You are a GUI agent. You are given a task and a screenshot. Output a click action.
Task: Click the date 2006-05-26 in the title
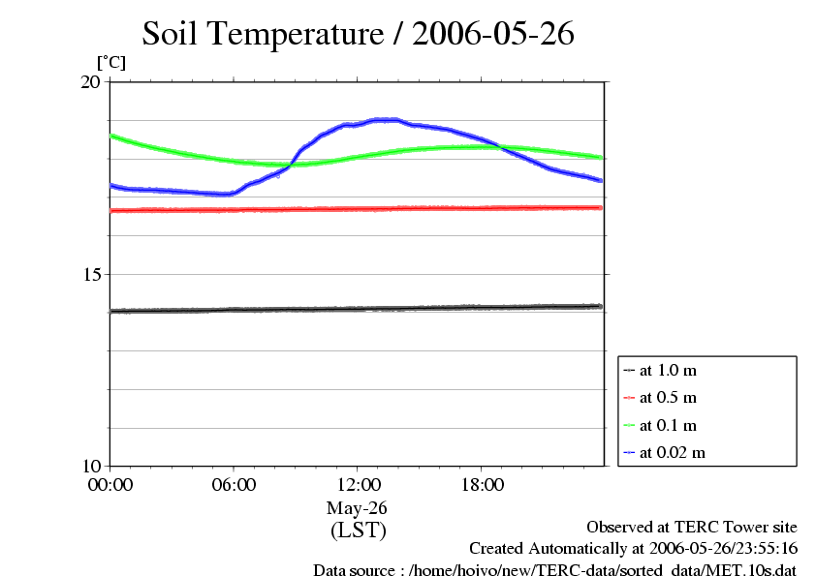[493, 35]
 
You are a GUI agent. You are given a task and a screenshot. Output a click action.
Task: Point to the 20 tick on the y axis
[89, 82]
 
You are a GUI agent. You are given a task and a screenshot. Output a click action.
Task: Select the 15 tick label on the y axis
[89, 274]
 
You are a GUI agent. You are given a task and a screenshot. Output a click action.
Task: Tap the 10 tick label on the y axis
[89, 466]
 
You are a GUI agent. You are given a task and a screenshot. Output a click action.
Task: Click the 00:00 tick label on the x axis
[110, 485]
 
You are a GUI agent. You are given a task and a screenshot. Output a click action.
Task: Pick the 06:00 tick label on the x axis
[234, 485]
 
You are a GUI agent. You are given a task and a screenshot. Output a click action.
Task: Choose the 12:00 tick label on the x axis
[358, 485]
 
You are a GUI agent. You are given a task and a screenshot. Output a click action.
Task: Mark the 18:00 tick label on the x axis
[482, 485]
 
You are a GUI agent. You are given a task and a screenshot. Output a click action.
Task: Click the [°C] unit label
[110, 62]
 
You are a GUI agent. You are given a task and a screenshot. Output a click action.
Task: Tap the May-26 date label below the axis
[358, 507]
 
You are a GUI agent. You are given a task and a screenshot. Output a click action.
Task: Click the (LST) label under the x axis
[358, 531]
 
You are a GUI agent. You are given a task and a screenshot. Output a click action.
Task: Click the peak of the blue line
[386, 119]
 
